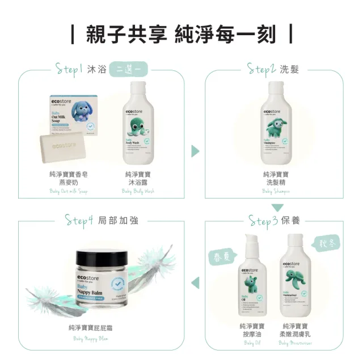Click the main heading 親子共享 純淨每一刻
(x=181, y=34)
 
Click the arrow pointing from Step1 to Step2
(x=195, y=151)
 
